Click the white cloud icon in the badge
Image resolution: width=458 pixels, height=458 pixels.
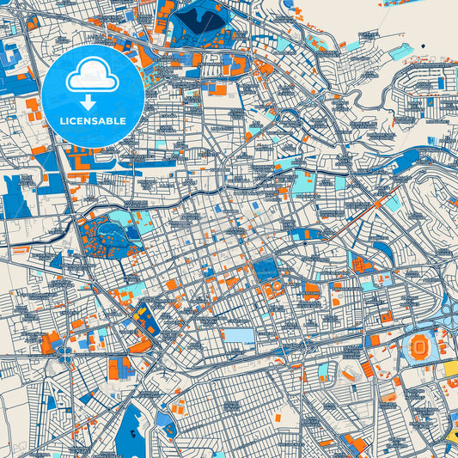pyautogui.click(x=92, y=76)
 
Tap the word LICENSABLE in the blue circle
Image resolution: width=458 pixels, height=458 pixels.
pyautogui.click(x=92, y=121)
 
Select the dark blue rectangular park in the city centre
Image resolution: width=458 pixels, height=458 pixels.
pyautogui.click(x=266, y=271)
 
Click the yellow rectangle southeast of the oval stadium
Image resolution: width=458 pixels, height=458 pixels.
pyautogui.click(x=449, y=369)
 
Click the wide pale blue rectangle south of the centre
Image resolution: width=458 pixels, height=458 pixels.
pyautogui.click(x=238, y=336)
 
